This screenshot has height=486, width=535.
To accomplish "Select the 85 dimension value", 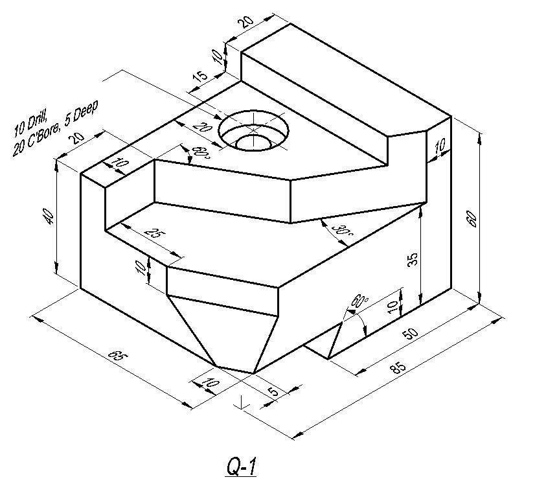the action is pyautogui.click(x=398, y=367).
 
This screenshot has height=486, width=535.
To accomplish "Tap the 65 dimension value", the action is pyautogui.click(x=118, y=356).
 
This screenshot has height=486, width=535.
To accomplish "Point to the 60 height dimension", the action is pyautogui.click(x=472, y=218).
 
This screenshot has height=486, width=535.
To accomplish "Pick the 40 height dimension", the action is pyautogui.click(x=49, y=216).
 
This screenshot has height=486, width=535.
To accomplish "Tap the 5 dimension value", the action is pyautogui.click(x=274, y=391).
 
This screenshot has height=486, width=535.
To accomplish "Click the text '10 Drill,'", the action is pyautogui.click(x=30, y=123).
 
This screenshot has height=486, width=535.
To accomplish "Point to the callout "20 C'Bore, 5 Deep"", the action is pyautogui.click(x=55, y=128).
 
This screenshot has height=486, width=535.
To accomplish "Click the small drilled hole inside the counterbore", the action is pyautogui.click(x=253, y=143).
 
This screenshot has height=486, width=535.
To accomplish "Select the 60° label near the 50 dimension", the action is pyautogui.click(x=360, y=301).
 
